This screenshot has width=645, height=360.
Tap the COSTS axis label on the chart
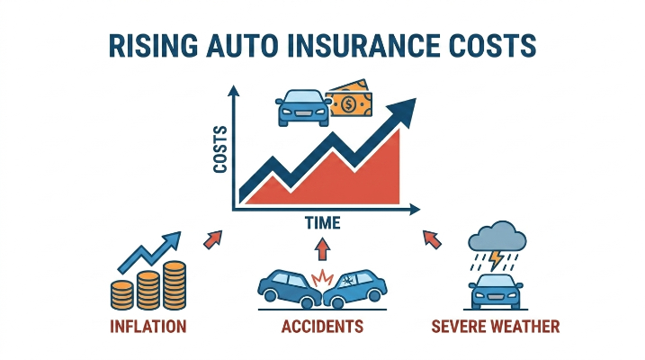221,148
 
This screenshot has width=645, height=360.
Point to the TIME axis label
323,223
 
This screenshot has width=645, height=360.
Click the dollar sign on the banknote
349,104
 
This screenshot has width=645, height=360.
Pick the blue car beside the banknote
303,108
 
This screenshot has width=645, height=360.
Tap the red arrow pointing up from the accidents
322,248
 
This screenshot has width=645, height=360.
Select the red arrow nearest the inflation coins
213,239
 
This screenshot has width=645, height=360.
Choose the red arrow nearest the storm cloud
432,239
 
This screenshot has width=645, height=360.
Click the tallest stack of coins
175,285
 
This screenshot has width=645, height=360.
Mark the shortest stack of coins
121,295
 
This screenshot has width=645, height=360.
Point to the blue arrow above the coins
149,252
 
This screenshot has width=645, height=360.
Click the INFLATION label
148,327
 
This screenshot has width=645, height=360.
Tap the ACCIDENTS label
322,327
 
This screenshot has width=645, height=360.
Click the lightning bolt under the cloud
497,260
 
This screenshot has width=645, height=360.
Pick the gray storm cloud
497,236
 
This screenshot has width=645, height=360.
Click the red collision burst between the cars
322,278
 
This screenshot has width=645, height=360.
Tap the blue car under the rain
496,292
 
